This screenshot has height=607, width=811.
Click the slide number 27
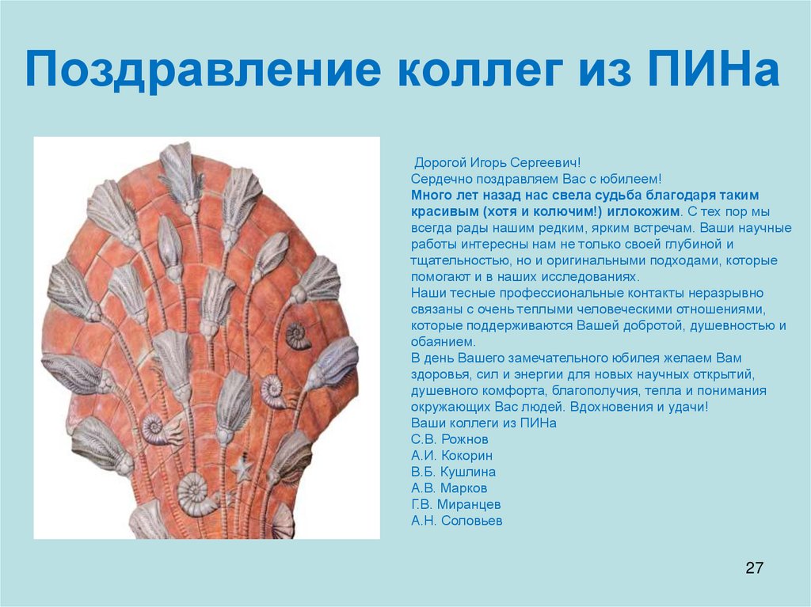point(754,567)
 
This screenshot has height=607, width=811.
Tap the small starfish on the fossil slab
point(240,472)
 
